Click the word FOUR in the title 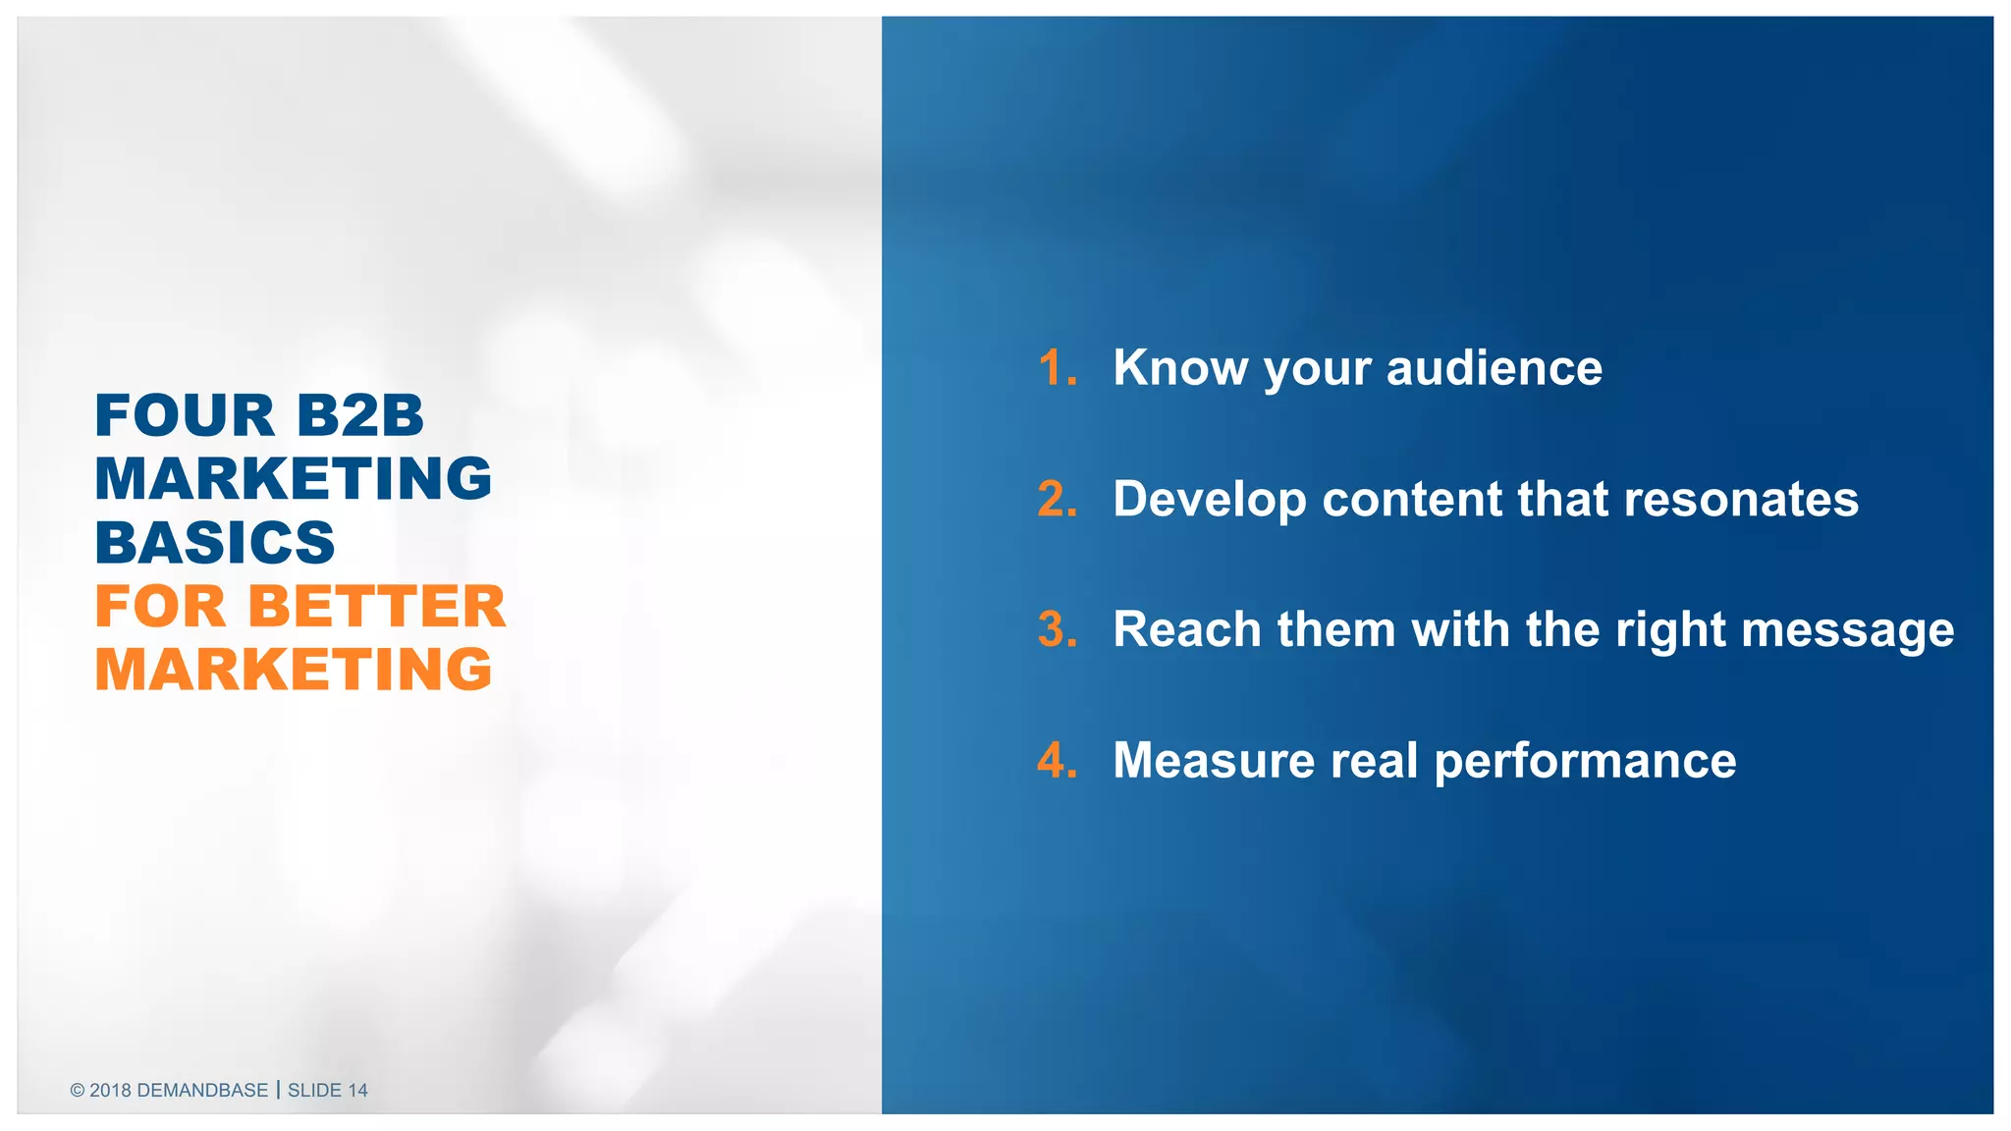[x=185, y=415]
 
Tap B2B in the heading [x=359, y=415]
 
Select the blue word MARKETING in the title [x=293, y=479]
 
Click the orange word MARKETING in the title [x=293, y=670]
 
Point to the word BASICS [x=215, y=543]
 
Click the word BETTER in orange [x=376, y=606]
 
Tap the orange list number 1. [x=1057, y=368]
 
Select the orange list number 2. [x=1057, y=499]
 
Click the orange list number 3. [x=1057, y=629]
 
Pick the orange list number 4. [x=1057, y=761]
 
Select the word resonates [x=1741, y=499]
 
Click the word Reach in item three [x=1186, y=629]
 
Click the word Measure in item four [x=1213, y=761]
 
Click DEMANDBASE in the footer [x=202, y=1090]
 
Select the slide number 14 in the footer [x=357, y=1090]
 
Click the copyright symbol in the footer [x=78, y=1090]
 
